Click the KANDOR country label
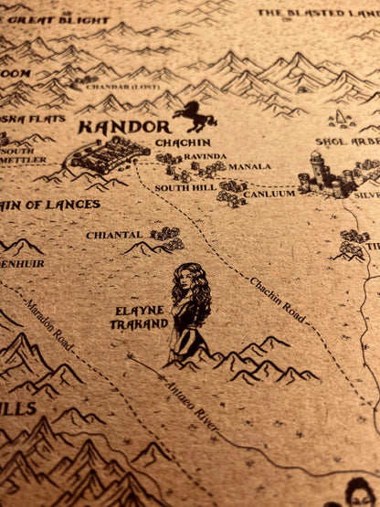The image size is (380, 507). tap(123, 127)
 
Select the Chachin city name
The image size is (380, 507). tap(183, 143)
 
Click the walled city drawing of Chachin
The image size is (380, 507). tap(111, 153)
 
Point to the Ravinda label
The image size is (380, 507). tap(205, 155)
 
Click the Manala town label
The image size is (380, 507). tap(249, 167)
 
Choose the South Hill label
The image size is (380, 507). tap(185, 187)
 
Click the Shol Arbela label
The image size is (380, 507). tap(347, 142)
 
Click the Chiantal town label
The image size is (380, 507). tap(114, 235)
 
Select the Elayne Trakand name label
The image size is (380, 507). tap(139, 317)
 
